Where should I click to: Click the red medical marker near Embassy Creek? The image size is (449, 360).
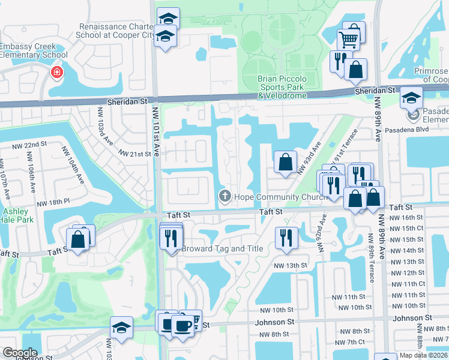56,73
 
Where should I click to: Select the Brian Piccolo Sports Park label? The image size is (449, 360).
282,87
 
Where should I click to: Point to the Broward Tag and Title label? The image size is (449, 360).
223,248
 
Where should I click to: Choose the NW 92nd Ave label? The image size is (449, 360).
322,237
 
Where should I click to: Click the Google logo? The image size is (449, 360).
20,353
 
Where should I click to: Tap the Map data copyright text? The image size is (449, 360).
423,355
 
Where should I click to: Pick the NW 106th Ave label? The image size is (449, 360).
29,169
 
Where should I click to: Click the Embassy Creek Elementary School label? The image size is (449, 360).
34,51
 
